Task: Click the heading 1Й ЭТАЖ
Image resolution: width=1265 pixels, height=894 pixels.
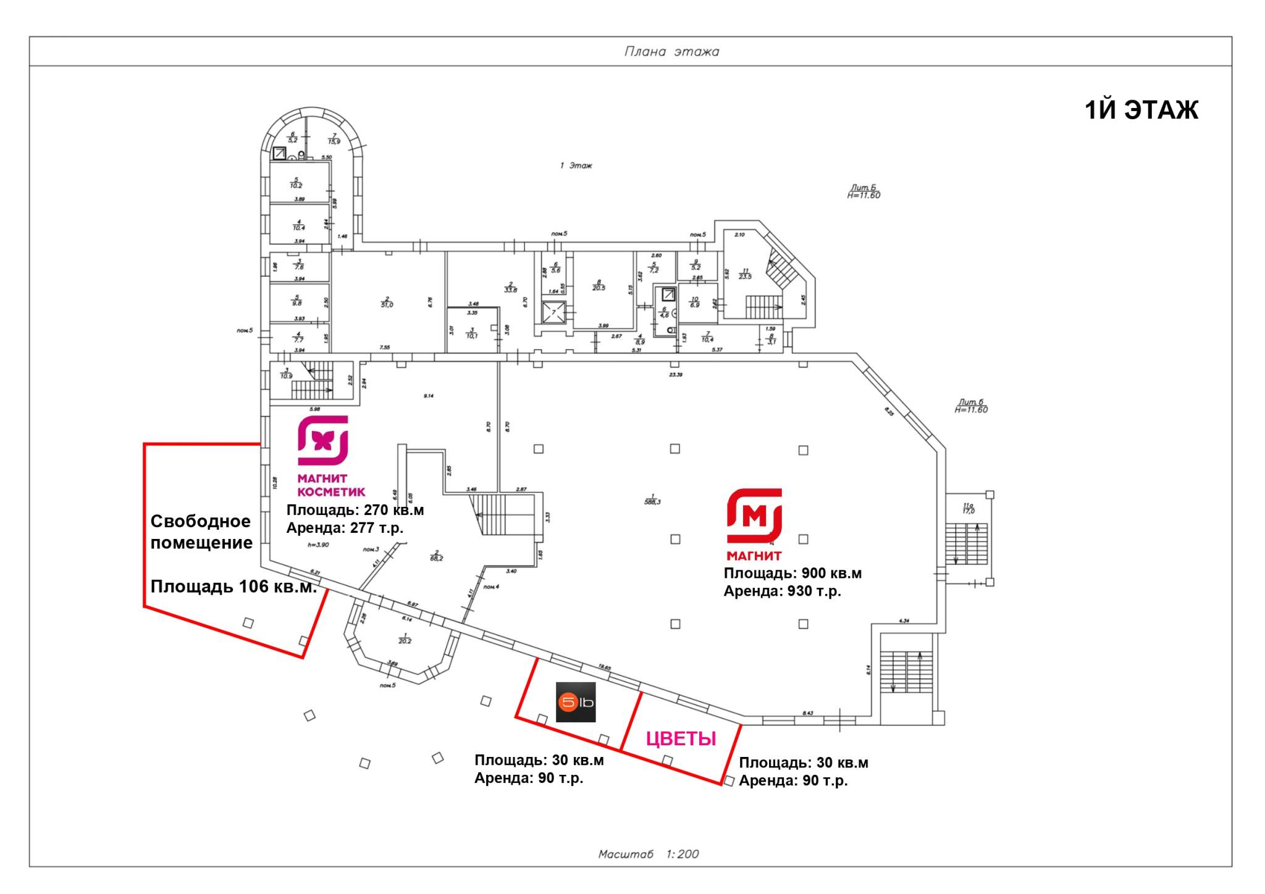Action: (x=1141, y=110)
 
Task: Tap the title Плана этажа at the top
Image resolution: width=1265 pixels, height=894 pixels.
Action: (x=671, y=51)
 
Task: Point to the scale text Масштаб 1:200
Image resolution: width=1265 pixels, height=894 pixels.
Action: (x=648, y=854)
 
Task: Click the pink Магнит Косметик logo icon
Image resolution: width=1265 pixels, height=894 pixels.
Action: (x=323, y=440)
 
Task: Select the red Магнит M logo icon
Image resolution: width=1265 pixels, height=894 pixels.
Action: (x=754, y=516)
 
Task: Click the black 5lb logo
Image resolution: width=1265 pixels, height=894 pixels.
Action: (x=576, y=702)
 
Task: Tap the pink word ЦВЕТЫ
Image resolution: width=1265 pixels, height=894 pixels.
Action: (x=681, y=738)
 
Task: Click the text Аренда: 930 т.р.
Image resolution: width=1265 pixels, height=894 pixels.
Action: (x=782, y=591)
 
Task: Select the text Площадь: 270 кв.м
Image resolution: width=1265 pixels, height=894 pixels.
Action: (x=355, y=510)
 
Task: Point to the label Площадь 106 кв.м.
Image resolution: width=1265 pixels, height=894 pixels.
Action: (x=233, y=586)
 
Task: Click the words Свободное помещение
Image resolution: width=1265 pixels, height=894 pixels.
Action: (x=201, y=532)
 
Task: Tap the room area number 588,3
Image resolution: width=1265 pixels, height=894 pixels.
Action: (x=652, y=501)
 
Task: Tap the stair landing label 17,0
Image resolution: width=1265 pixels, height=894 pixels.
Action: (x=968, y=511)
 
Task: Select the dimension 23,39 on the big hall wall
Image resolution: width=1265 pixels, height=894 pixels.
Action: (x=675, y=374)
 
